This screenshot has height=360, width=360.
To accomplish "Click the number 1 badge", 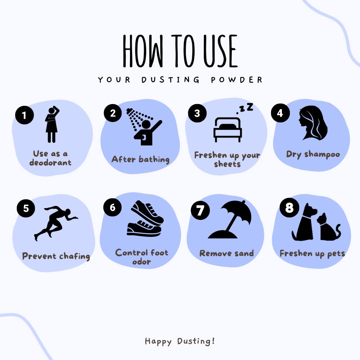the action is (24, 115).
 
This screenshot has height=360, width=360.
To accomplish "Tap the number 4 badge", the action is (280, 113).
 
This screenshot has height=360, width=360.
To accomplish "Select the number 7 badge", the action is (200, 210).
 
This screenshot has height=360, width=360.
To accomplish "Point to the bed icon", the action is (228, 130).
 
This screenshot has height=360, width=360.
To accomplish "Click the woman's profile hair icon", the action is (313, 123).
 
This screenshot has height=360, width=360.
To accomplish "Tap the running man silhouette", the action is (56, 223).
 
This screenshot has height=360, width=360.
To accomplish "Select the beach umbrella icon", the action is (230, 220).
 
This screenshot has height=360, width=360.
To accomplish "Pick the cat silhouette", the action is (329, 227).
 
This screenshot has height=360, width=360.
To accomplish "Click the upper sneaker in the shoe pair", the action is (147, 212).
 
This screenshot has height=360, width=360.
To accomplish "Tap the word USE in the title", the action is (220, 51).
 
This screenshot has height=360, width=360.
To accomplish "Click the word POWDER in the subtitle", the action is (237, 80).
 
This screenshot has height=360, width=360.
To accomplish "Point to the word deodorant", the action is (50, 163).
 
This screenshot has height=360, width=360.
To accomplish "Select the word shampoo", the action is (322, 154).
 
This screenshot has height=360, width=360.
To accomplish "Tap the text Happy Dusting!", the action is (180, 341).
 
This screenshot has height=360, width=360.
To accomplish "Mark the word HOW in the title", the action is (143, 51).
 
